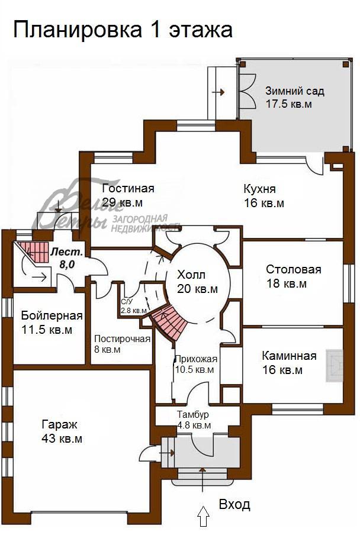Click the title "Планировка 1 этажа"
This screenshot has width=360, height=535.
click(123, 30)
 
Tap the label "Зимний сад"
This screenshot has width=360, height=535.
click(295, 91)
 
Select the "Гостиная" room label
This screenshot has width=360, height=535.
click(128, 188)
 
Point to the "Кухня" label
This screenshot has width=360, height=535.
click(260, 189)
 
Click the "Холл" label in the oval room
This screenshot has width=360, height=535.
click(191, 275)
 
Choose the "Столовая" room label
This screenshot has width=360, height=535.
click(294, 269)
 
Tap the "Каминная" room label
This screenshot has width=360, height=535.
click(289, 356)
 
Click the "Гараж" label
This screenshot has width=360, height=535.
click(59, 425)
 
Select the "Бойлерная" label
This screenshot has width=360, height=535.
click(52, 315)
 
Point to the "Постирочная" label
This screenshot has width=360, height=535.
click(122, 339)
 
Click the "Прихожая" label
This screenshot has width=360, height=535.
click(196, 359)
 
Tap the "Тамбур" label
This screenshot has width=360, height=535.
click(193, 414)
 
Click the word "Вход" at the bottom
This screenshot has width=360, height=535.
click(234, 504)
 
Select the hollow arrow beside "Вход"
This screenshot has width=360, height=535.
click(204, 516)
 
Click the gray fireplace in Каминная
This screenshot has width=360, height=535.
click(335, 365)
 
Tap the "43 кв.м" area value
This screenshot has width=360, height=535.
click(62, 439)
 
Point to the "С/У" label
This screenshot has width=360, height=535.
click(126, 302)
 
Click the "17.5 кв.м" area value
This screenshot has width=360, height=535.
click(289, 104)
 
